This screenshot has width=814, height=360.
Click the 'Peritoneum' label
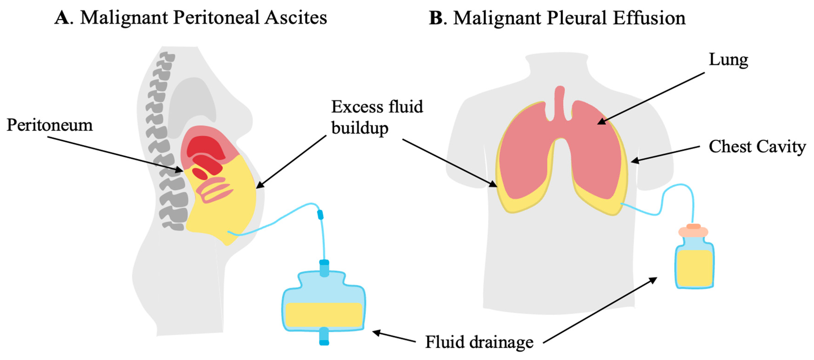50,125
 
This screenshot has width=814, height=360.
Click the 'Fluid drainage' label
479,342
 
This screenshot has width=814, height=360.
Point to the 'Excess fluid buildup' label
377,117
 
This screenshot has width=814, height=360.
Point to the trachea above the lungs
560,101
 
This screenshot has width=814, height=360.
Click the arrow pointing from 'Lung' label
651,98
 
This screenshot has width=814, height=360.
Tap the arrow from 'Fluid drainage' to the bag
394,336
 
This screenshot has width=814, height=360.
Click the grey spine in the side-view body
164,142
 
